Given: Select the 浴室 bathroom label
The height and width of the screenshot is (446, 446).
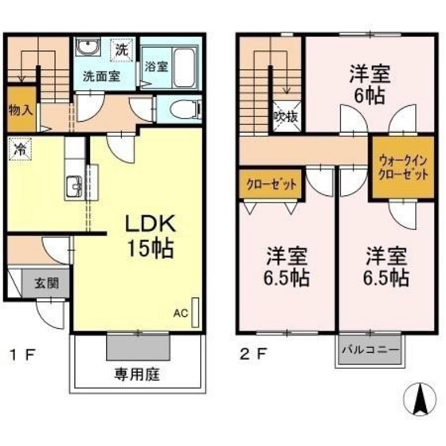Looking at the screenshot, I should click(155, 68).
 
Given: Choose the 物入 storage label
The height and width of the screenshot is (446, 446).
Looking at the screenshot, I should click(19, 110).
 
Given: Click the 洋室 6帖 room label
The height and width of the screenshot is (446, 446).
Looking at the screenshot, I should click(370, 84).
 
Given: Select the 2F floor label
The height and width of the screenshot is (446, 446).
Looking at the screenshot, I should click(255, 351).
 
